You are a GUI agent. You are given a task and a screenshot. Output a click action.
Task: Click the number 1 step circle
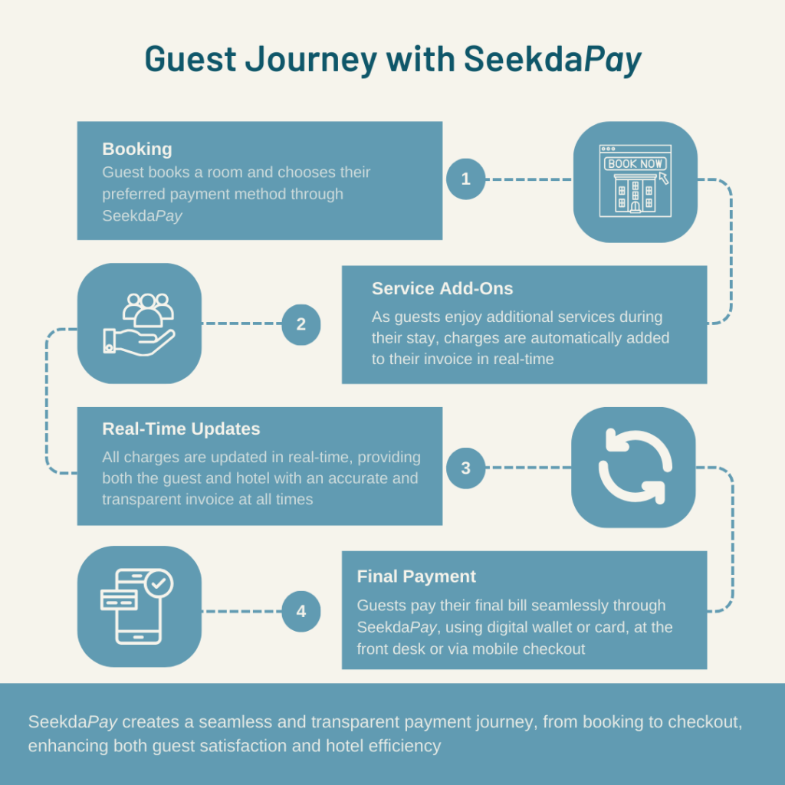coord(465,179)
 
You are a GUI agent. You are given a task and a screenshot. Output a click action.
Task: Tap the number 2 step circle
coord(301,324)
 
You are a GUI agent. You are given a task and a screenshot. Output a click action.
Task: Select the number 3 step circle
coord(465,468)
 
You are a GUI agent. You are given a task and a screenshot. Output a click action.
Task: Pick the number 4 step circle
coord(301,611)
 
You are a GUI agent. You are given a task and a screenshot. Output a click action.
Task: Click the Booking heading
coord(137,149)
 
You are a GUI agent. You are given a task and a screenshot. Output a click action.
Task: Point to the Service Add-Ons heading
coord(442,288)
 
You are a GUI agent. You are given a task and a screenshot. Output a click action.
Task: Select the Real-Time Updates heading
coord(181,429)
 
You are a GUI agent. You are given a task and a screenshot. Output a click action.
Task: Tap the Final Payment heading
coord(416,576)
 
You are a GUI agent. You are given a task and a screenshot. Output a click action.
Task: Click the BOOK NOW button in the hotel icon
coord(636,163)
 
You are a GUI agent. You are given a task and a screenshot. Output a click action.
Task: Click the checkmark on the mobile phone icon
coord(159,583)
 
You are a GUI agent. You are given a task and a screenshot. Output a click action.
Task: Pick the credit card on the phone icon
coord(119,599)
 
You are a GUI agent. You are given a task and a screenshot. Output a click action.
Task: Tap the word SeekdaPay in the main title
coord(552,59)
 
